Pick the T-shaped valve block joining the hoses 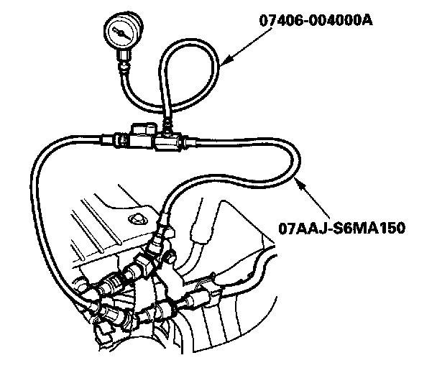click(x=155, y=137)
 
